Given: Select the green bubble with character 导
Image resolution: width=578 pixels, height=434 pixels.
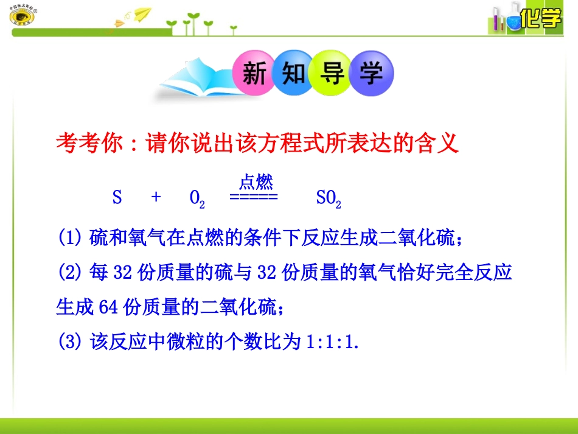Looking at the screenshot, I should (331, 75).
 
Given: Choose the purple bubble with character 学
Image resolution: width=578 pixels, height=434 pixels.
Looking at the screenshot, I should (371, 75).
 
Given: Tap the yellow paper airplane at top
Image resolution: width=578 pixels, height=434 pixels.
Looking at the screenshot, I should (141, 14).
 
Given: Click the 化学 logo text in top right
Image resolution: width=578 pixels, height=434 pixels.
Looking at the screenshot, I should (541, 19).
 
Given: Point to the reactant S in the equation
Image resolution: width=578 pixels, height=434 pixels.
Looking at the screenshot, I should (117, 197).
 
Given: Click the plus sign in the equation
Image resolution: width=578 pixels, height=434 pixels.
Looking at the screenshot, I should (156, 197).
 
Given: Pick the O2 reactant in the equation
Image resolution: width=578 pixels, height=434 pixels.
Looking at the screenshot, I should (197, 198).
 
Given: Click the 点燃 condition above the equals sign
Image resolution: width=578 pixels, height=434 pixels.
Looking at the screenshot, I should (256, 181).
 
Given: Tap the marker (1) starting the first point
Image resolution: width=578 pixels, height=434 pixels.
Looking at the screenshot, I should (70, 237).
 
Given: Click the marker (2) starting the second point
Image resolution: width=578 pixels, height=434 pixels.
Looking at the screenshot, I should (70, 272).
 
